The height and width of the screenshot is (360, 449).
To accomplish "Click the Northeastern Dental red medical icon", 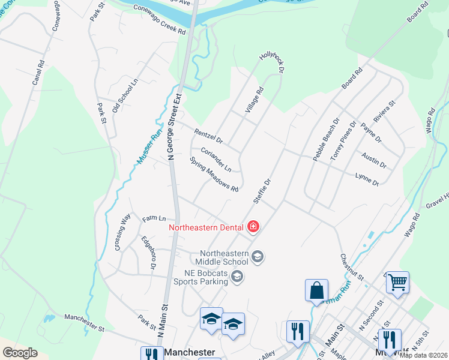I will click(253, 227).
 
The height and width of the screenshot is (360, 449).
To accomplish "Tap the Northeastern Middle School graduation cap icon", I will click(258, 257).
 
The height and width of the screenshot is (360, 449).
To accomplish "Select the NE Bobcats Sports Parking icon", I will click(238, 276).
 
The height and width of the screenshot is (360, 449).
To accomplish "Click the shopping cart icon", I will click(397, 281).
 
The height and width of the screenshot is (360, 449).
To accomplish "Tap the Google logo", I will click(20, 352).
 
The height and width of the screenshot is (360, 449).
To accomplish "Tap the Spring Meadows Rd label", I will click(214, 175).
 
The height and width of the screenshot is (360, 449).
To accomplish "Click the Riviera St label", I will click(385, 112).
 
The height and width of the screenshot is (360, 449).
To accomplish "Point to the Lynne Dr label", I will click(367, 178).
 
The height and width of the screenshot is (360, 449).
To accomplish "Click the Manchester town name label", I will click(190, 352).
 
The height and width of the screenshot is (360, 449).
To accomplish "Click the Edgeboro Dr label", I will click(149, 253).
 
